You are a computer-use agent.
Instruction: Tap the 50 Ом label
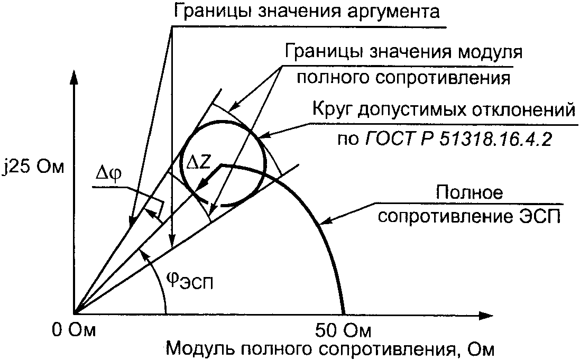click(x=343, y=331)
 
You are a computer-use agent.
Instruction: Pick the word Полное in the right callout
click(x=468, y=192)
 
